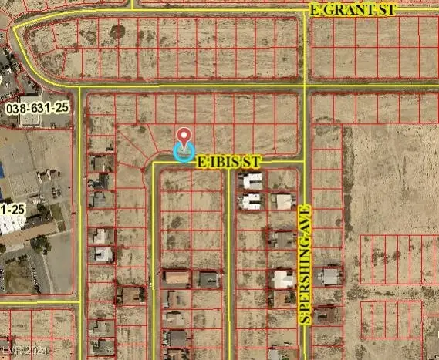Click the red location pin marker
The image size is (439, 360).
[184, 138]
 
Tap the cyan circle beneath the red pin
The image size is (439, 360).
[184, 152]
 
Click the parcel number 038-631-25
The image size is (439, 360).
[37, 109]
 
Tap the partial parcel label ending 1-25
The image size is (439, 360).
[10, 209]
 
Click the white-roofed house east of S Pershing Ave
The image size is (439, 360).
[330, 275]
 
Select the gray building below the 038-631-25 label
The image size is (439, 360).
[31, 121]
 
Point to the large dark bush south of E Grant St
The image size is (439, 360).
[117, 32]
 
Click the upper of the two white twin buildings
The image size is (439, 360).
[252, 182]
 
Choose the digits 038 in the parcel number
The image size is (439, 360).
[16, 109]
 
